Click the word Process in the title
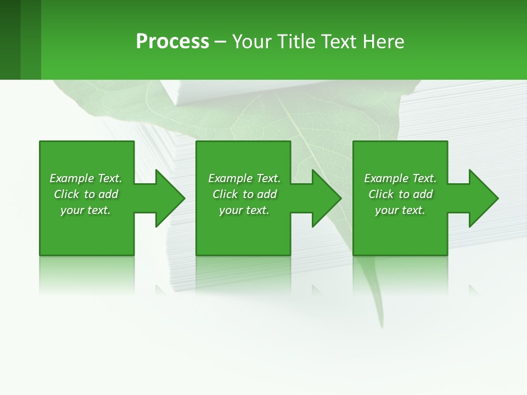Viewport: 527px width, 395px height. (x=172, y=42)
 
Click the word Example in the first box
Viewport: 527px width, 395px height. (x=71, y=178)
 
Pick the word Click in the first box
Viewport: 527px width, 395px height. (x=67, y=194)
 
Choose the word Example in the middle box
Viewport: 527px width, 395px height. (x=230, y=178)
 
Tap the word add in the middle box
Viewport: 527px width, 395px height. (x=267, y=194)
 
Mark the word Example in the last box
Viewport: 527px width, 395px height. (x=386, y=178)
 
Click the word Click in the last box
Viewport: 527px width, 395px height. (x=381, y=194)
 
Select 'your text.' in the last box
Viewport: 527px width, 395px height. (x=400, y=210)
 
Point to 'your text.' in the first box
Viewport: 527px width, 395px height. (x=86, y=210)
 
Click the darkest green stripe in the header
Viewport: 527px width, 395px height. (x=10, y=39)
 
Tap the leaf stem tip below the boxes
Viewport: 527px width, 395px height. (x=379, y=324)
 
